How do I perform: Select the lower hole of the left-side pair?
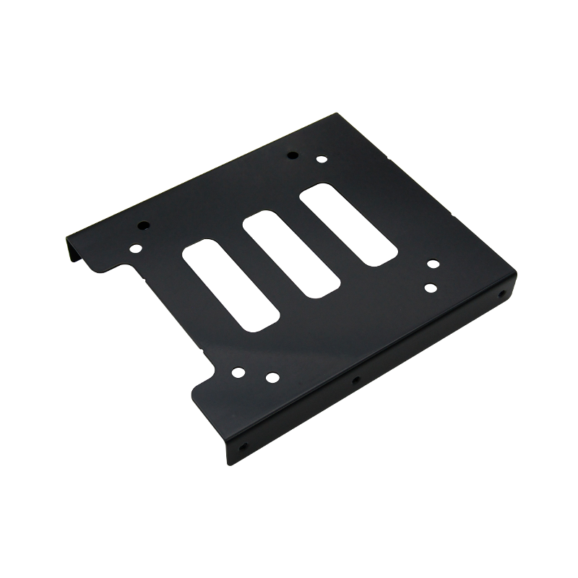pos(136,249)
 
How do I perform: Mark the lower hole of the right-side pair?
pos(430,287)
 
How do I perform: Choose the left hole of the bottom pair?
pos(238,373)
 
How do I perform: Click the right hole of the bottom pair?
pos(271,376)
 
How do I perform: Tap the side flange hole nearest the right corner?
pos(501,296)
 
